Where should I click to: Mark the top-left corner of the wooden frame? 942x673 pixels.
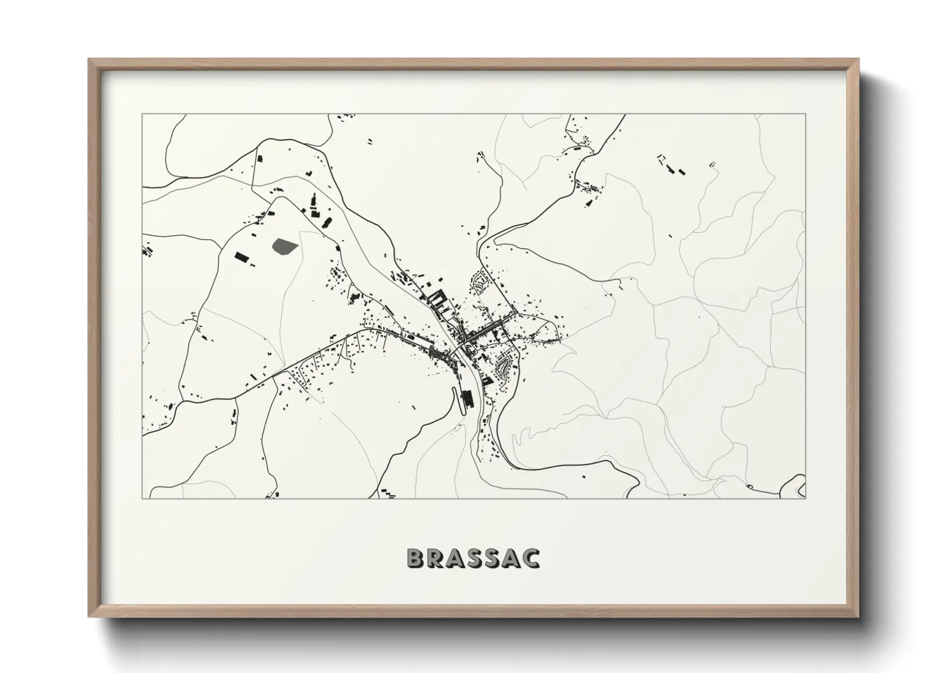click(x=89, y=60)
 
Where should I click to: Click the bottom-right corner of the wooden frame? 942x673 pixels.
click(x=858, y=616)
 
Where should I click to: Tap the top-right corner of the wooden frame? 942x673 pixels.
click(x=858, y=60)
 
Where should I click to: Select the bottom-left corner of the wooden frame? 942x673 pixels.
click(x=89, y=616)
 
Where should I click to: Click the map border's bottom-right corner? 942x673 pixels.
click(x=806, y=498)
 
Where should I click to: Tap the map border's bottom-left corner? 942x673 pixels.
click(x=143, y=498)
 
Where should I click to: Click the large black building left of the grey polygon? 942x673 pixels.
click(x=241, y=257)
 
